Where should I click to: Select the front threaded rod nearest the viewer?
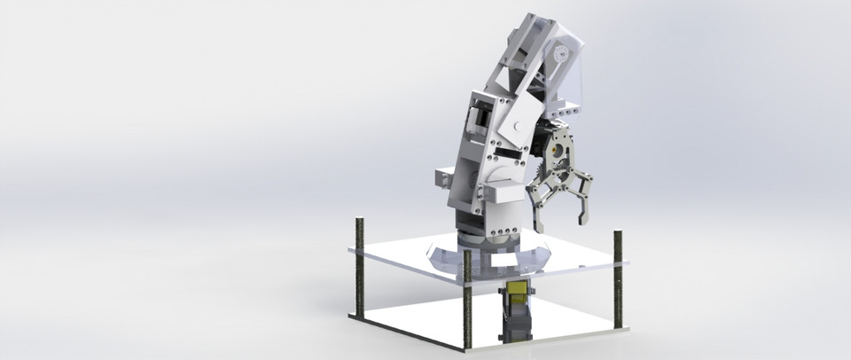tap(467, 301)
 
